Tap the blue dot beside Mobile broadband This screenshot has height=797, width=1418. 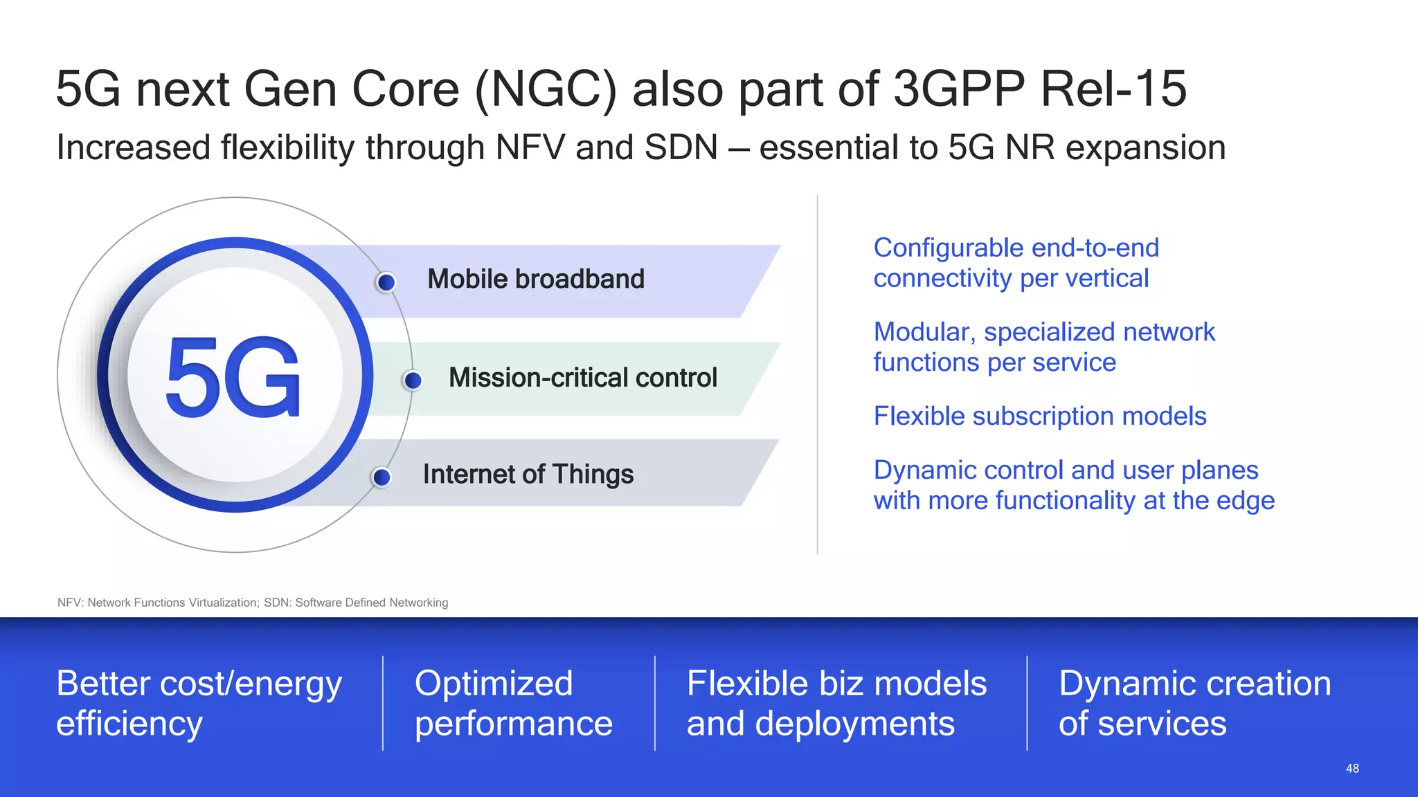click(x=386, y=282)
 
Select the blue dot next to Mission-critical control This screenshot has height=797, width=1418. click(x=413, y=380)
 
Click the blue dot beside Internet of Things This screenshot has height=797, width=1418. click(x=382, y=477)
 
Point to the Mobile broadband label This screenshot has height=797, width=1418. click(x=535, y=279)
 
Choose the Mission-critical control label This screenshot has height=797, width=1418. click(x=582, y=378)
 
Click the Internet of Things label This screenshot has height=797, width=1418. click(x=528, y=475)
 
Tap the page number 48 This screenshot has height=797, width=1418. click(x=1352, y=768)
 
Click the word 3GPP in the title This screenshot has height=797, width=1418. click(x=959, y=89)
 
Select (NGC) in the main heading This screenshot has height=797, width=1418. click(x=545, y=89)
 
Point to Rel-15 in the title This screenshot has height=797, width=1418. click(x=1113, y=89)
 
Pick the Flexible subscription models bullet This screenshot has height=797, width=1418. click(x=1039, y=416)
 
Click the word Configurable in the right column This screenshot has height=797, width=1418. click(x=937, y=248)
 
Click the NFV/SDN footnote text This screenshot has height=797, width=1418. click(x=253, y=603)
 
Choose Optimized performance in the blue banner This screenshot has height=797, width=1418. click(x=513, y=703)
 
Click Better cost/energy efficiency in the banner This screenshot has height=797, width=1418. click(x=199, y=703)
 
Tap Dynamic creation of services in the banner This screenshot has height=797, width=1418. click(x=1194, y=703)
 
